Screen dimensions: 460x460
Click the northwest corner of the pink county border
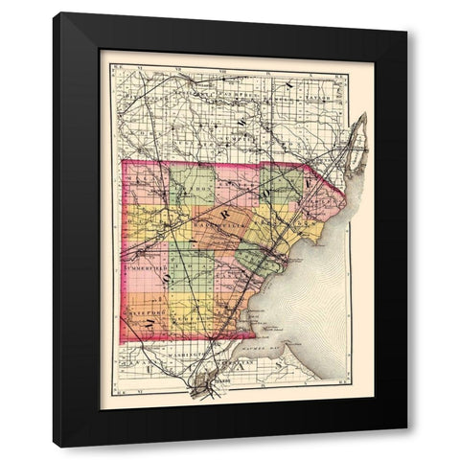(x=123, y=163)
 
